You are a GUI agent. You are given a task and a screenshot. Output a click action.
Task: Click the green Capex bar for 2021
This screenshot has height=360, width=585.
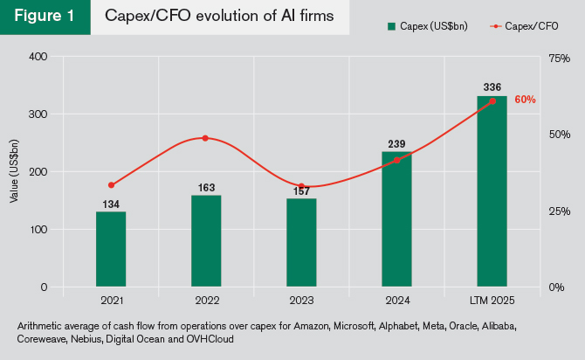point(111,249)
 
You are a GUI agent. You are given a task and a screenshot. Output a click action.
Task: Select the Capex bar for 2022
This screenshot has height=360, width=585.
point(206,241)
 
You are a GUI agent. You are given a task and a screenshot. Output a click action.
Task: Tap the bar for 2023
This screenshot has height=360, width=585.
point(301,243)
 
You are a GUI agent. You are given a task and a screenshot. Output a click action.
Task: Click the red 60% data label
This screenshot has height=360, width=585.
point(525,100)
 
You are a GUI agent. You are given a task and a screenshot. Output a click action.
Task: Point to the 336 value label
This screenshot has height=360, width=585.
point(492,87)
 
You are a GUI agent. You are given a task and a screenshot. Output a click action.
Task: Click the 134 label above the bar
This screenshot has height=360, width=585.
point(111,204)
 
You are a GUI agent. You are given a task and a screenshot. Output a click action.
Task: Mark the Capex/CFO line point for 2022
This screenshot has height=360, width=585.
point(206,138)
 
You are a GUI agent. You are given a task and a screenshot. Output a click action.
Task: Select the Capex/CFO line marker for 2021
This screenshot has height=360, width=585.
point(111,185)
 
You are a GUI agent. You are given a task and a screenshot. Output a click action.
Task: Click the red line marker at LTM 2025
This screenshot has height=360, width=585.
point(492,101)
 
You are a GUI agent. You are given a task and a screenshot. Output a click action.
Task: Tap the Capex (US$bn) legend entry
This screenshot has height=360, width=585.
point(428,27)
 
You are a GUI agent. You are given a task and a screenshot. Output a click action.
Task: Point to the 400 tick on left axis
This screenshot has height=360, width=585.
point(38,57)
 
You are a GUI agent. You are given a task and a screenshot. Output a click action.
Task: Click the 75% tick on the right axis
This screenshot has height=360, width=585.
point(560,57)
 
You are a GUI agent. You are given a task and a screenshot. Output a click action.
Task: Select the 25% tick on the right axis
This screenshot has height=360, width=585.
point(560,211)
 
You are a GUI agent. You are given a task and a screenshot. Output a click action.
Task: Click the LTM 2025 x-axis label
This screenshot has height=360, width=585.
point(492,301)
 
